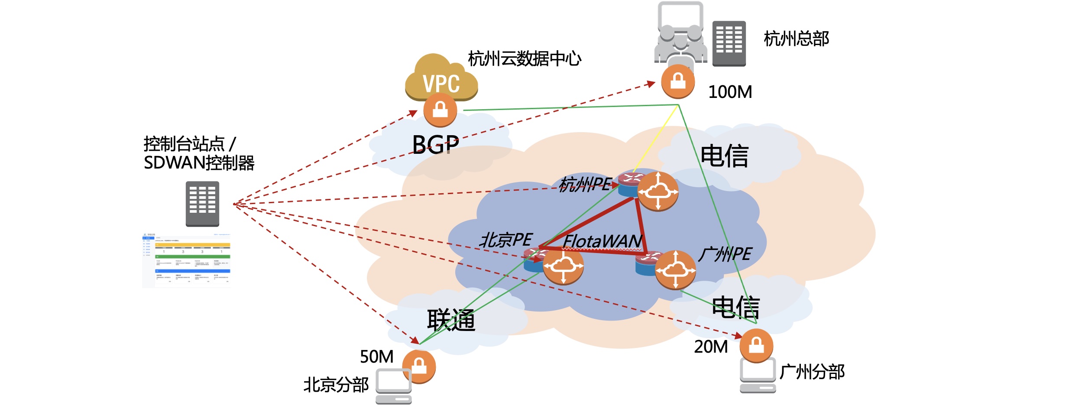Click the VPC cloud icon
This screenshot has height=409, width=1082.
[x=441, y=78]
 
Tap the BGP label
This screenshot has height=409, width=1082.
[x=435, y=145]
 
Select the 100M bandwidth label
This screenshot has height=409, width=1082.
[x=730, y=92]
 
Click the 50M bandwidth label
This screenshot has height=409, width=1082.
[x=376, y=357]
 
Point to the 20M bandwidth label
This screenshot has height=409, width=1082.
[x=711, y=347]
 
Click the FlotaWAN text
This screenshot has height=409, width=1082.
[x=603, y=241]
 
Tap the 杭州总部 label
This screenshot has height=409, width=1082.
[x=796, y=39]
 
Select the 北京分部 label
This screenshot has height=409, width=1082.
[x=336, y=385]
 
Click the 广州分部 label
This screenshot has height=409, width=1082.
[x=812, y=372]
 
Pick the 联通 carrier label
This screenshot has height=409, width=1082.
[x=451, y=320]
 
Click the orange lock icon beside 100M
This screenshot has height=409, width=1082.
[x=678, y=81]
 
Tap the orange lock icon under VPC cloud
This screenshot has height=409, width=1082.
[x=440, y=110]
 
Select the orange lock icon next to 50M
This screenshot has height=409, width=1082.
[x=419, y=367]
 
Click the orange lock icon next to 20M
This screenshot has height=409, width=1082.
[x=756, y=346]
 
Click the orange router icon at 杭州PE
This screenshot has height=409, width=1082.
[x=658, y=191]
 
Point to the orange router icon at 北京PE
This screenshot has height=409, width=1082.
[x=563, y=265]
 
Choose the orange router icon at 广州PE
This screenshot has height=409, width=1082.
[x=675, y=270]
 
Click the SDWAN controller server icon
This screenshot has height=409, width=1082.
[x=202, y=204]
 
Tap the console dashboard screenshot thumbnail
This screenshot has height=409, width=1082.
[x=186, y=260]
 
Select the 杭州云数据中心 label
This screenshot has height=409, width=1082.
[x=525, y=58]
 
